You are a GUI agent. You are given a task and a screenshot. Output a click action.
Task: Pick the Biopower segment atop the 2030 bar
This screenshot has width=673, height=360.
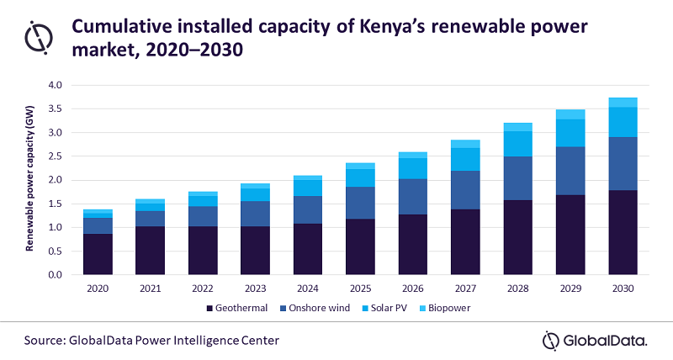click(623, 102)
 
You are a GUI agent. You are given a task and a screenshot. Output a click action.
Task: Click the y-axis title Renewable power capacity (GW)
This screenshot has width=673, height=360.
click(33, 180)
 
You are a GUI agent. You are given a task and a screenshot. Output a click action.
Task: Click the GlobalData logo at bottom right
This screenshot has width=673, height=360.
click(594, 340)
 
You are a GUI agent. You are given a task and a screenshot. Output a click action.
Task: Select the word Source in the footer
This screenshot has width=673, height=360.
click(46, 340)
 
